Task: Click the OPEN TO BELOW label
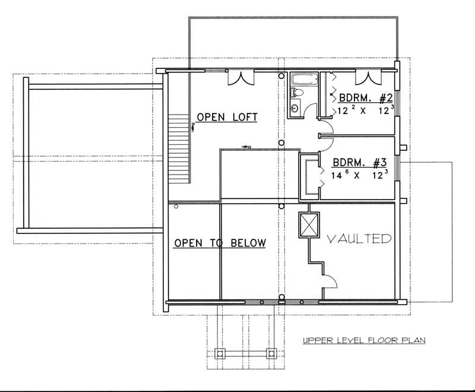point(219,243)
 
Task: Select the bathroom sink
point(296,109)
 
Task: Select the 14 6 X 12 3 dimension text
point(359,175)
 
